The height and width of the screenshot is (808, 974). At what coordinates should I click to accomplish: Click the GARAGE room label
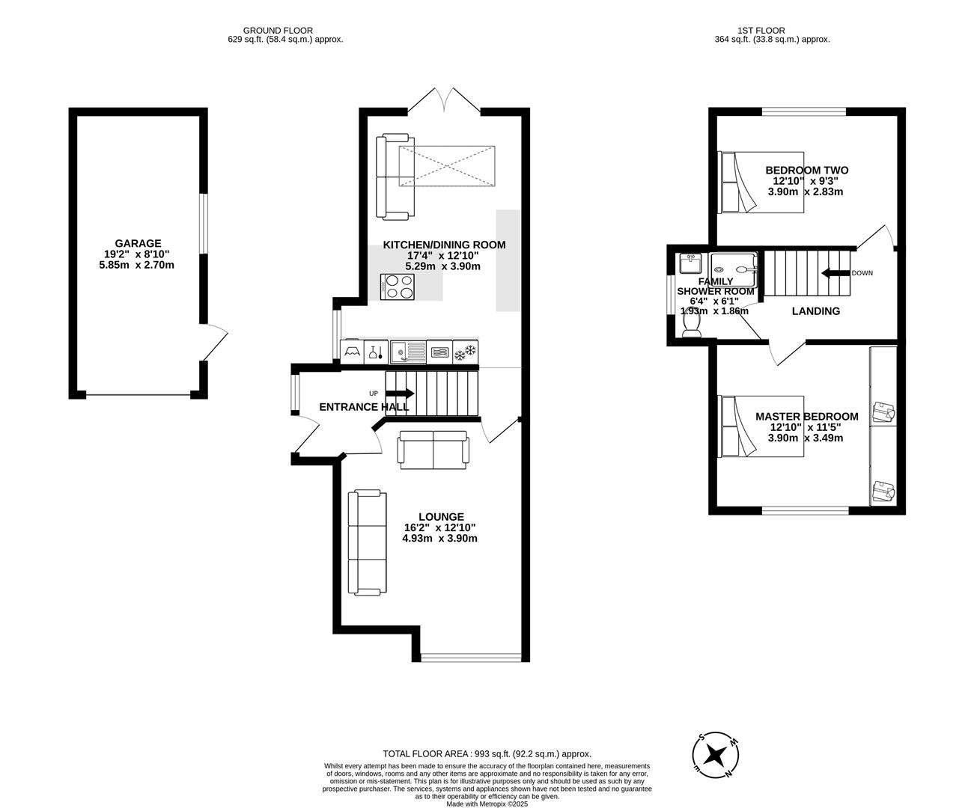[138, 243]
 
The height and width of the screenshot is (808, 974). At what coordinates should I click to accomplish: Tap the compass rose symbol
[716, 753]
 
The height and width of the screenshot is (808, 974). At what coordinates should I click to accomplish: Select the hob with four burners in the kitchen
[400, 287]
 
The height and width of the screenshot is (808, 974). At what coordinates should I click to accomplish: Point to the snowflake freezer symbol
[466, 350]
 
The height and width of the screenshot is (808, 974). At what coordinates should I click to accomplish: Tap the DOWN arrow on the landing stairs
[835, 273]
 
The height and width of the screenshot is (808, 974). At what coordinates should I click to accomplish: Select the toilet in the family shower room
[691, 323]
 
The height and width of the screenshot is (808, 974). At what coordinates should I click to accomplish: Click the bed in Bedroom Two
[761, 182]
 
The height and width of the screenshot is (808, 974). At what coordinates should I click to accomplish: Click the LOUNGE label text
[441, 516]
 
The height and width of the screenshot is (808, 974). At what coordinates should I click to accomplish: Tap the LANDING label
[816, 311]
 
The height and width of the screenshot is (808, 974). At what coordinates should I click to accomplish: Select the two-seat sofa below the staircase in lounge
[433, 450]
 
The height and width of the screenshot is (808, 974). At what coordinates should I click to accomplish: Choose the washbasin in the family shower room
[690, 264]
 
